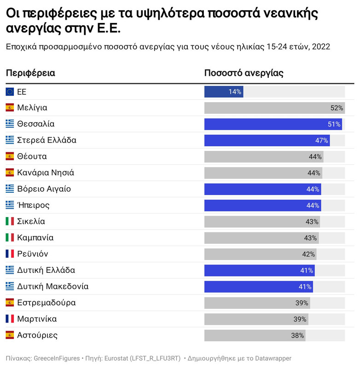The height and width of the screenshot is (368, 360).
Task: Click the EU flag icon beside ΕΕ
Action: pos(10,92)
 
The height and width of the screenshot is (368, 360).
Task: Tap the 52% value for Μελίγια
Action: pos(337,108)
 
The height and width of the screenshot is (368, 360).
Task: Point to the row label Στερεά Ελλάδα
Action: pos(46,140)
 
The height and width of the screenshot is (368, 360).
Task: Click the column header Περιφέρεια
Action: pos(30,73)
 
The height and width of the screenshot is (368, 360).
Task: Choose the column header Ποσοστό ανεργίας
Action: pos(244,73)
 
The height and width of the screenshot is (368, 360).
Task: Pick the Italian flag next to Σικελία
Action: pos(10,222)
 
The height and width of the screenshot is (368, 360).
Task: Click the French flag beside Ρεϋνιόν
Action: pos(10,254)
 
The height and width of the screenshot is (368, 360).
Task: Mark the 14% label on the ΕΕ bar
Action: pos(235,92)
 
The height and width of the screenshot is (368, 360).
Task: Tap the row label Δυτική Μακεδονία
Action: pos(52,287)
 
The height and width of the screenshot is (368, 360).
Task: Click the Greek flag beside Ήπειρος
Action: pos(10,205)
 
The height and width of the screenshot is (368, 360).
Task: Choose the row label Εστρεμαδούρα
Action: pos(46,303)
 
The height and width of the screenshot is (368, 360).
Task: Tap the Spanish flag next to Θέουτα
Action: pos(10,156)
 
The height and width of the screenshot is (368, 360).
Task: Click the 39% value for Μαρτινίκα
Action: pos(300,319)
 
